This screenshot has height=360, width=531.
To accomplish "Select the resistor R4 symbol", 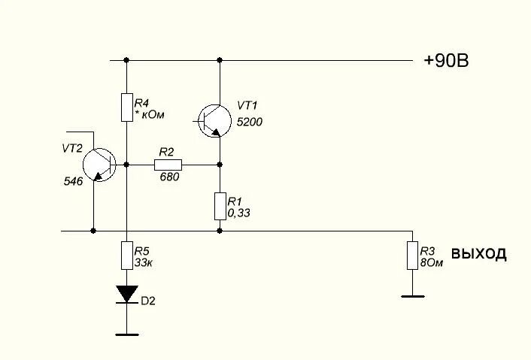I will (126, 107).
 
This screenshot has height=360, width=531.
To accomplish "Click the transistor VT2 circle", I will (99, 165).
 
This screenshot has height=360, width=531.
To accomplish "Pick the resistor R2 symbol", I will (168, 164).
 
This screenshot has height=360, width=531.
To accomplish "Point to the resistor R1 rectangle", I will (220, 205).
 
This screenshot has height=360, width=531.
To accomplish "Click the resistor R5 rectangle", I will (126, 256).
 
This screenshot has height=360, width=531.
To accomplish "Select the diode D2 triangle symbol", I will (126, 293).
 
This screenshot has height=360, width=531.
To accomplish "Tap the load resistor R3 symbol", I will (411, 256).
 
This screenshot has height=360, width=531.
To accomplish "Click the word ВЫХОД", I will (478, 254).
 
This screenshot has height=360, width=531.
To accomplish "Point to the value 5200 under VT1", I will (250, 122).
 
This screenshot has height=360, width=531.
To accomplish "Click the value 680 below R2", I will (168, 177).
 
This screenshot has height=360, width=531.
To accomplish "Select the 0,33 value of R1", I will (238, 213).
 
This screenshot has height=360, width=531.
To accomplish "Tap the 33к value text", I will (144, 263).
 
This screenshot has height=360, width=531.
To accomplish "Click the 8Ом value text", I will (429, 263).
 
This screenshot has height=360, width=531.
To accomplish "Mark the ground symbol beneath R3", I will (411, 295).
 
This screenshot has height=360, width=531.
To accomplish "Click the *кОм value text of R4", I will (148, 114).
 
